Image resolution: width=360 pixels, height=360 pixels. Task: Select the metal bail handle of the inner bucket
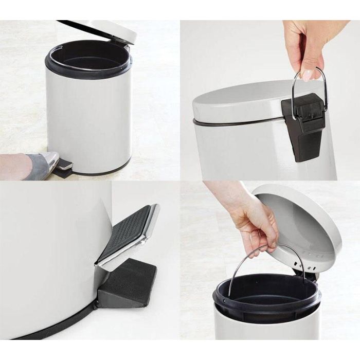(x=242, y=267)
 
